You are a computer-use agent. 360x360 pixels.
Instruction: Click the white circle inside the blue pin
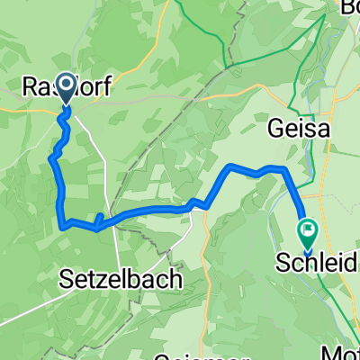click(66, 85)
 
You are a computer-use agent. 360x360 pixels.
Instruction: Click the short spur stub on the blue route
click(97, 219)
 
